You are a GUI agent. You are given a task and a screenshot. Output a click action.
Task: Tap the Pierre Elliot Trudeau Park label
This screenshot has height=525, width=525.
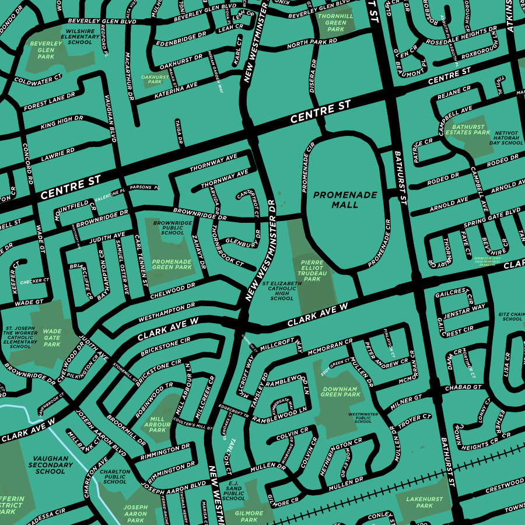(x=313, y=271)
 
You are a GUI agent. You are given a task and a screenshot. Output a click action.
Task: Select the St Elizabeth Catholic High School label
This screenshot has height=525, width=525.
(x=282, y=290)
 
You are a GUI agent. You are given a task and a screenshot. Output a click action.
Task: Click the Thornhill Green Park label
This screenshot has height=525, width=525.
(x=336, y=23)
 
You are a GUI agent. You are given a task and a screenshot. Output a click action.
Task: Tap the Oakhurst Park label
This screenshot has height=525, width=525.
(x=155, y=79)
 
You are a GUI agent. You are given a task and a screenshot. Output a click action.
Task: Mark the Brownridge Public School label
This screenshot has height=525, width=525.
(x=172, y=228)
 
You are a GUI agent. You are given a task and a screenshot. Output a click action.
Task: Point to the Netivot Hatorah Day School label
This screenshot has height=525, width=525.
(x=506, y=138)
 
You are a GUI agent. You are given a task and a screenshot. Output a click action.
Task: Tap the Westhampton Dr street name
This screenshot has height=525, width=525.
(x=166, y=313)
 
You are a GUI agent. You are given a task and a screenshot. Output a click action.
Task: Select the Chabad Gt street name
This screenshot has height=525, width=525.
(x=463, y=387)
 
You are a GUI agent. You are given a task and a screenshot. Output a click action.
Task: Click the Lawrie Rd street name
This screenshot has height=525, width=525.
(x=58, y=155)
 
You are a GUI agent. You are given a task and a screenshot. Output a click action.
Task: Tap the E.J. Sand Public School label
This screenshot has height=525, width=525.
(x=233, y=491)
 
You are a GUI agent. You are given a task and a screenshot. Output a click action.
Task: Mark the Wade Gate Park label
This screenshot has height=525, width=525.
(x=52, y=338)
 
